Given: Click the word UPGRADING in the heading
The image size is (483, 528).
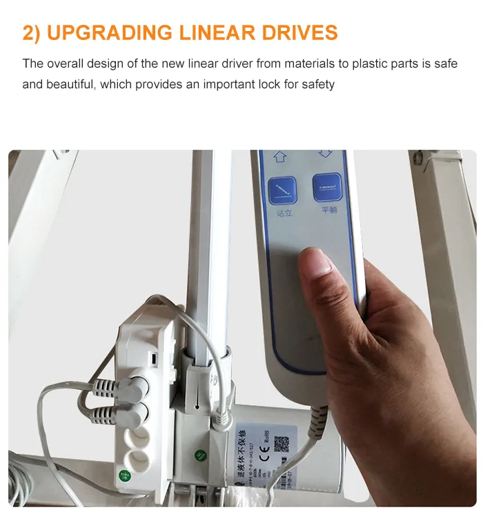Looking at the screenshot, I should point(117,32).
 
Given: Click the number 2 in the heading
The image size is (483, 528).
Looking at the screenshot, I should point(29,32).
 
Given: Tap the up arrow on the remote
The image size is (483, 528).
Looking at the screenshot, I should point(280,156).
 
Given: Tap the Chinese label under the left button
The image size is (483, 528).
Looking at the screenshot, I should point(284,213).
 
